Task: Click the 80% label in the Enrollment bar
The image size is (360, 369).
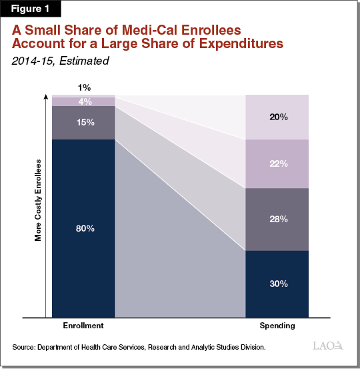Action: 85,229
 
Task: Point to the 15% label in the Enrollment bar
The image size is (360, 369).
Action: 85,123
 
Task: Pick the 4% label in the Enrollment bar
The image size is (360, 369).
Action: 85,102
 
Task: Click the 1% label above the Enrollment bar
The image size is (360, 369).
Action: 85,87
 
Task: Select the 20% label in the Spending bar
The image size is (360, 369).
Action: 278,117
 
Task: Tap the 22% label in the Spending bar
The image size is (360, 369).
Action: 278,164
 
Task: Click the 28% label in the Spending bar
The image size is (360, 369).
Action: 278,219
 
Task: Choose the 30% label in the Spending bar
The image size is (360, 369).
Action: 278,284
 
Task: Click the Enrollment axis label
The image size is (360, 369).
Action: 83,325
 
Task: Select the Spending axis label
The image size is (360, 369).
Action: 278,325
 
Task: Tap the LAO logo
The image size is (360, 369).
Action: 328,346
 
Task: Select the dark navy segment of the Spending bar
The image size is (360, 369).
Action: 278,294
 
